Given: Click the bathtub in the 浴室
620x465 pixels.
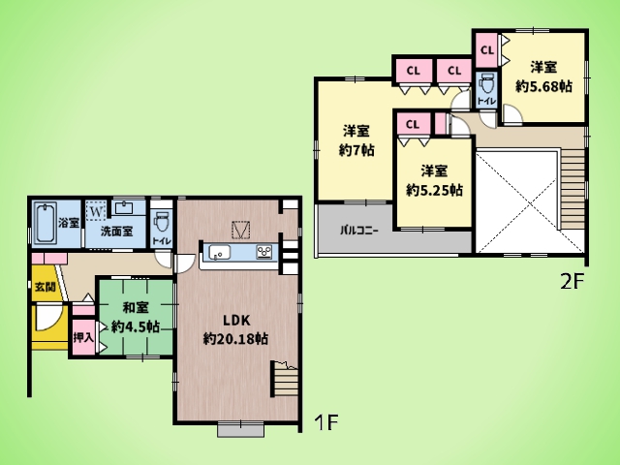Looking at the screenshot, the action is coord(46,223).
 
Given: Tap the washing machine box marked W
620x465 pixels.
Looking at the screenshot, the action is coord(95,211).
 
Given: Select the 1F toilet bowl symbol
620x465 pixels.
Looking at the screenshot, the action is coord(162,222).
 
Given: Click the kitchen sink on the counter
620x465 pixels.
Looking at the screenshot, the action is coord(220,252).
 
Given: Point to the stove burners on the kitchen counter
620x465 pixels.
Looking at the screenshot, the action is coord(264,252).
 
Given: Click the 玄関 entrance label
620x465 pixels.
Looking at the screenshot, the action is coord(45,287).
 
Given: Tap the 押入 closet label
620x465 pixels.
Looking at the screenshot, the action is coord(83,337).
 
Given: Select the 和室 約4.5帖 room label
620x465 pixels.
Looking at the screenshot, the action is coord(136,317).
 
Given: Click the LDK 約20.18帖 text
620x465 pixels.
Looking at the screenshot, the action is coord(235,329).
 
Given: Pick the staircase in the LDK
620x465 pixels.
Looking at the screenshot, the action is coord(286,379).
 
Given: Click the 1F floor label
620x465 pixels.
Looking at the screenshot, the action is coord(326,422).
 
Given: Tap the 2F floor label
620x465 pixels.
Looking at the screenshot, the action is coord(572,282).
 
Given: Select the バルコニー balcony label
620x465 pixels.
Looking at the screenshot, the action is coord(359,231).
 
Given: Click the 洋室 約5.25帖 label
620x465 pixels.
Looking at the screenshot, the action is coord(434,181).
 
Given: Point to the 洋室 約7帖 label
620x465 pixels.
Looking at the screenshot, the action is coord(356,140).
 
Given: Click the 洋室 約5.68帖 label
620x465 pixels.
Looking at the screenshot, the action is coord(543,77).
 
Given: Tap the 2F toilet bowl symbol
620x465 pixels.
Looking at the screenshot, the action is coord(485,84).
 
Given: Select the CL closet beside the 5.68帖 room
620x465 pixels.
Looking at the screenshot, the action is coord(486,50).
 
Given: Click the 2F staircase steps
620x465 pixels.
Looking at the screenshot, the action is coord(573,189).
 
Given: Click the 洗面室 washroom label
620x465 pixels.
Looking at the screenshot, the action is coord(116,232).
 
